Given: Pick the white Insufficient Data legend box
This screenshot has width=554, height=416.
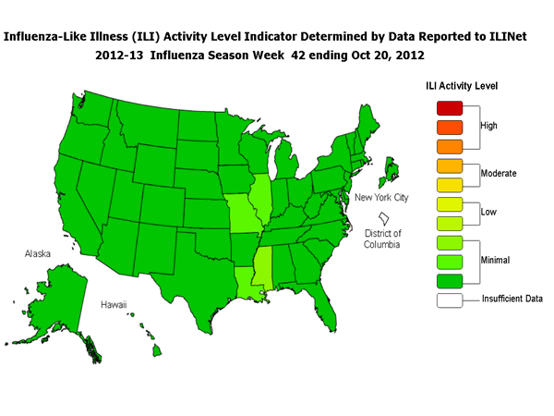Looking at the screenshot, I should [x=448, y=300].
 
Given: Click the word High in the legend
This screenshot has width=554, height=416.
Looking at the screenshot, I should [x=490, y=124].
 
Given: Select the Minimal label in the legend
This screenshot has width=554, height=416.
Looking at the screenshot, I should [x=495, y=262].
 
